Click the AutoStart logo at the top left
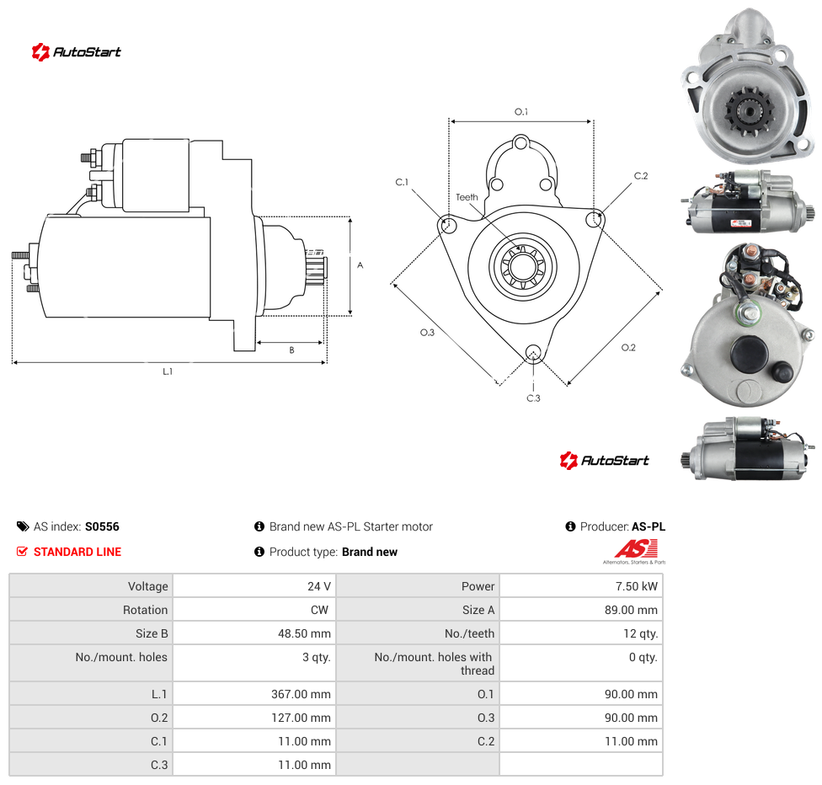tap(77, 52)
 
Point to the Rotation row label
tap(145, 610)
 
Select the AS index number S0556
tap(102, 526)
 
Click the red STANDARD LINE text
tap(77, 552)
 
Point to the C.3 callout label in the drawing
tap(533, 398)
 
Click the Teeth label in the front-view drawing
tap(467, 197)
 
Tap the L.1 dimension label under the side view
tap(168, 371)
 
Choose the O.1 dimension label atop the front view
tap(521, 112)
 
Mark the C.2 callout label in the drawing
tap(641, 176)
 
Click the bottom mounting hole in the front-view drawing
tap(533, 353)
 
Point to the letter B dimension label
tap(292, 350)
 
